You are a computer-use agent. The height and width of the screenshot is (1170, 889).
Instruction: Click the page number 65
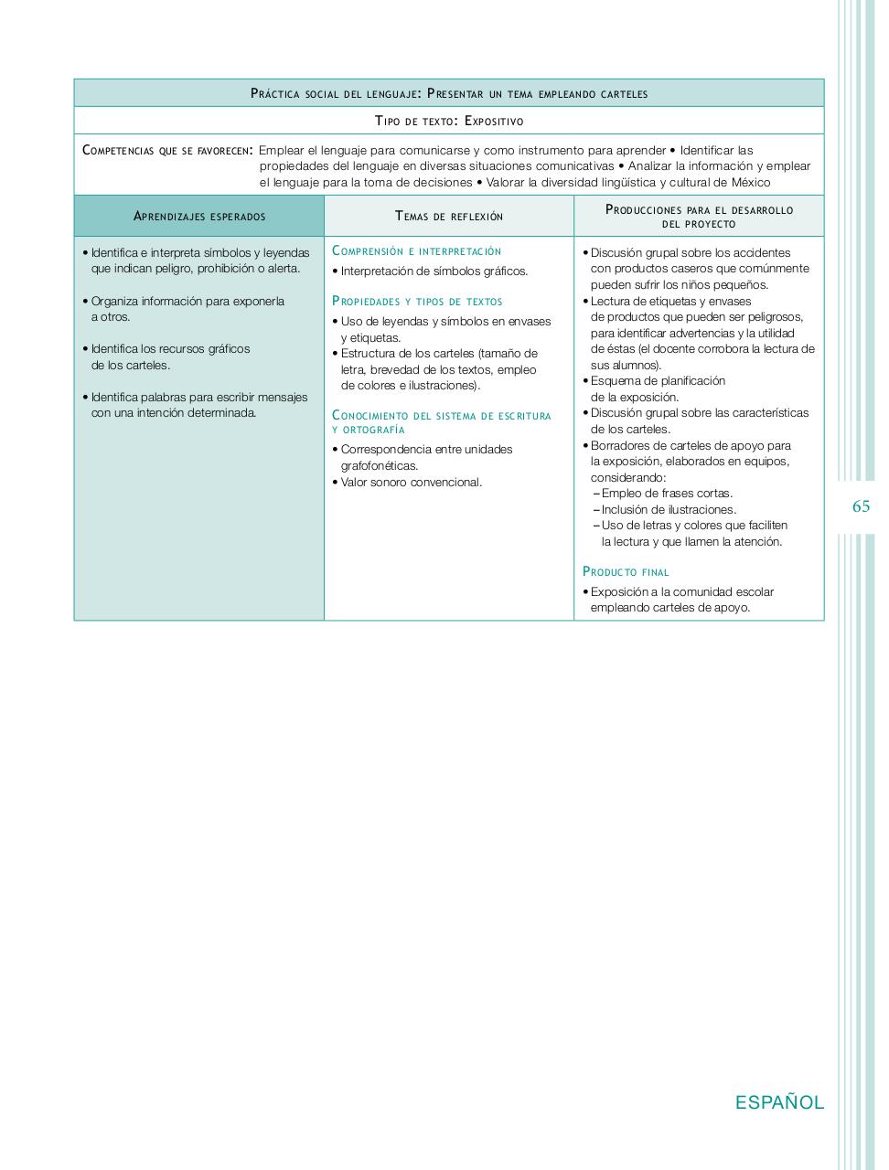pos(861,506)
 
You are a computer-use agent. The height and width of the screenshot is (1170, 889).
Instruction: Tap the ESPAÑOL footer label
pos(779,1102)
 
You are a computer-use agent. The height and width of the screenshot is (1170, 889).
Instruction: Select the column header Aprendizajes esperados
pos(199,217)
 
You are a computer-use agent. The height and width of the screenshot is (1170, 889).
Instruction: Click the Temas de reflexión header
pos(449,217)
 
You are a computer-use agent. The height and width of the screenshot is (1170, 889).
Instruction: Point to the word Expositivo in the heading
pos(494,121)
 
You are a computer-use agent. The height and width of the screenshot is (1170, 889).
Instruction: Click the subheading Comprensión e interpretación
pos(417,250)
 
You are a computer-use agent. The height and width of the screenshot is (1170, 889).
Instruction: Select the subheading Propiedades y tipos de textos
pos(417,301)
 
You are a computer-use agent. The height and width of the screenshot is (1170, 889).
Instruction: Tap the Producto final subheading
pos(626,571)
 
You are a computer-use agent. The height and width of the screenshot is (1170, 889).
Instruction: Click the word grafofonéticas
pos(379,465)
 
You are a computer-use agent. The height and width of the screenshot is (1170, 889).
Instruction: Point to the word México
pos(752,182)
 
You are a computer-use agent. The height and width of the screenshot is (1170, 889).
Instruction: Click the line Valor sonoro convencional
pos(411,482)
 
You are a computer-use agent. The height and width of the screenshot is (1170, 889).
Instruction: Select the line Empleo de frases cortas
pos(667,494)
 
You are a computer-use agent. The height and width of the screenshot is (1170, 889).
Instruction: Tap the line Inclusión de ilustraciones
pos(669,509)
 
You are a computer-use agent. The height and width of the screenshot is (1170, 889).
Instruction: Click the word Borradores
pos(620,445)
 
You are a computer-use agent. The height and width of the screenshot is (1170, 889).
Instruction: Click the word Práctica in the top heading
pos(276,93)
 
